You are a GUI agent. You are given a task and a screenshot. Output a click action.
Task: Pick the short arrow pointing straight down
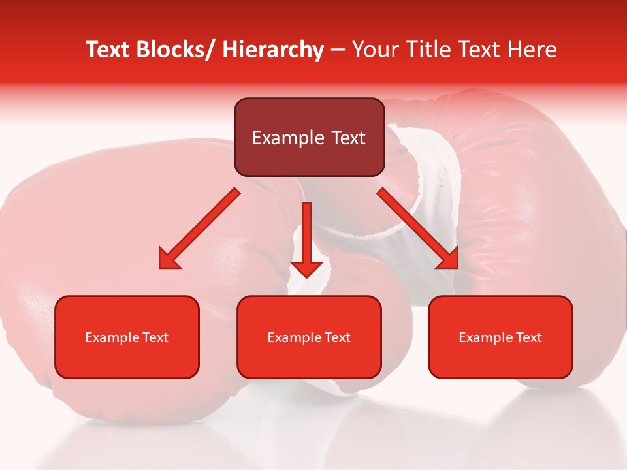[x=306, y=242]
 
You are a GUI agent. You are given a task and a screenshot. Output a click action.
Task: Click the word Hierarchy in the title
[x=273, y=50]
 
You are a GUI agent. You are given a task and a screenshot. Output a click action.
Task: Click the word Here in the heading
[x=534, y=50]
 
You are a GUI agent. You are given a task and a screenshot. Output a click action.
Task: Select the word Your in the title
[x=374, y=50]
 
